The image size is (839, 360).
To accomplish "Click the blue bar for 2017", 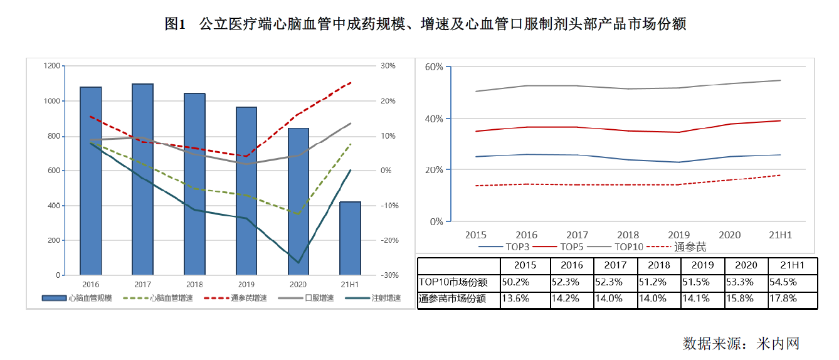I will coord(143,179).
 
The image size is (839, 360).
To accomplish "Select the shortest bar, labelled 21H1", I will coord(350,238).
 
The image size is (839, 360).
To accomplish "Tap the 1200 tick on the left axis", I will coord(52,66).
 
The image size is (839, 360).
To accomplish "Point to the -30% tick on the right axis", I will coord(389,275).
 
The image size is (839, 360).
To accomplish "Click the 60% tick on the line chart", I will coord(434,66).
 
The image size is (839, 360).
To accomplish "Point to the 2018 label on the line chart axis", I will coord(628,235).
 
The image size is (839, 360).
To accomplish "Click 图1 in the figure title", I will coord(176,24).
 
